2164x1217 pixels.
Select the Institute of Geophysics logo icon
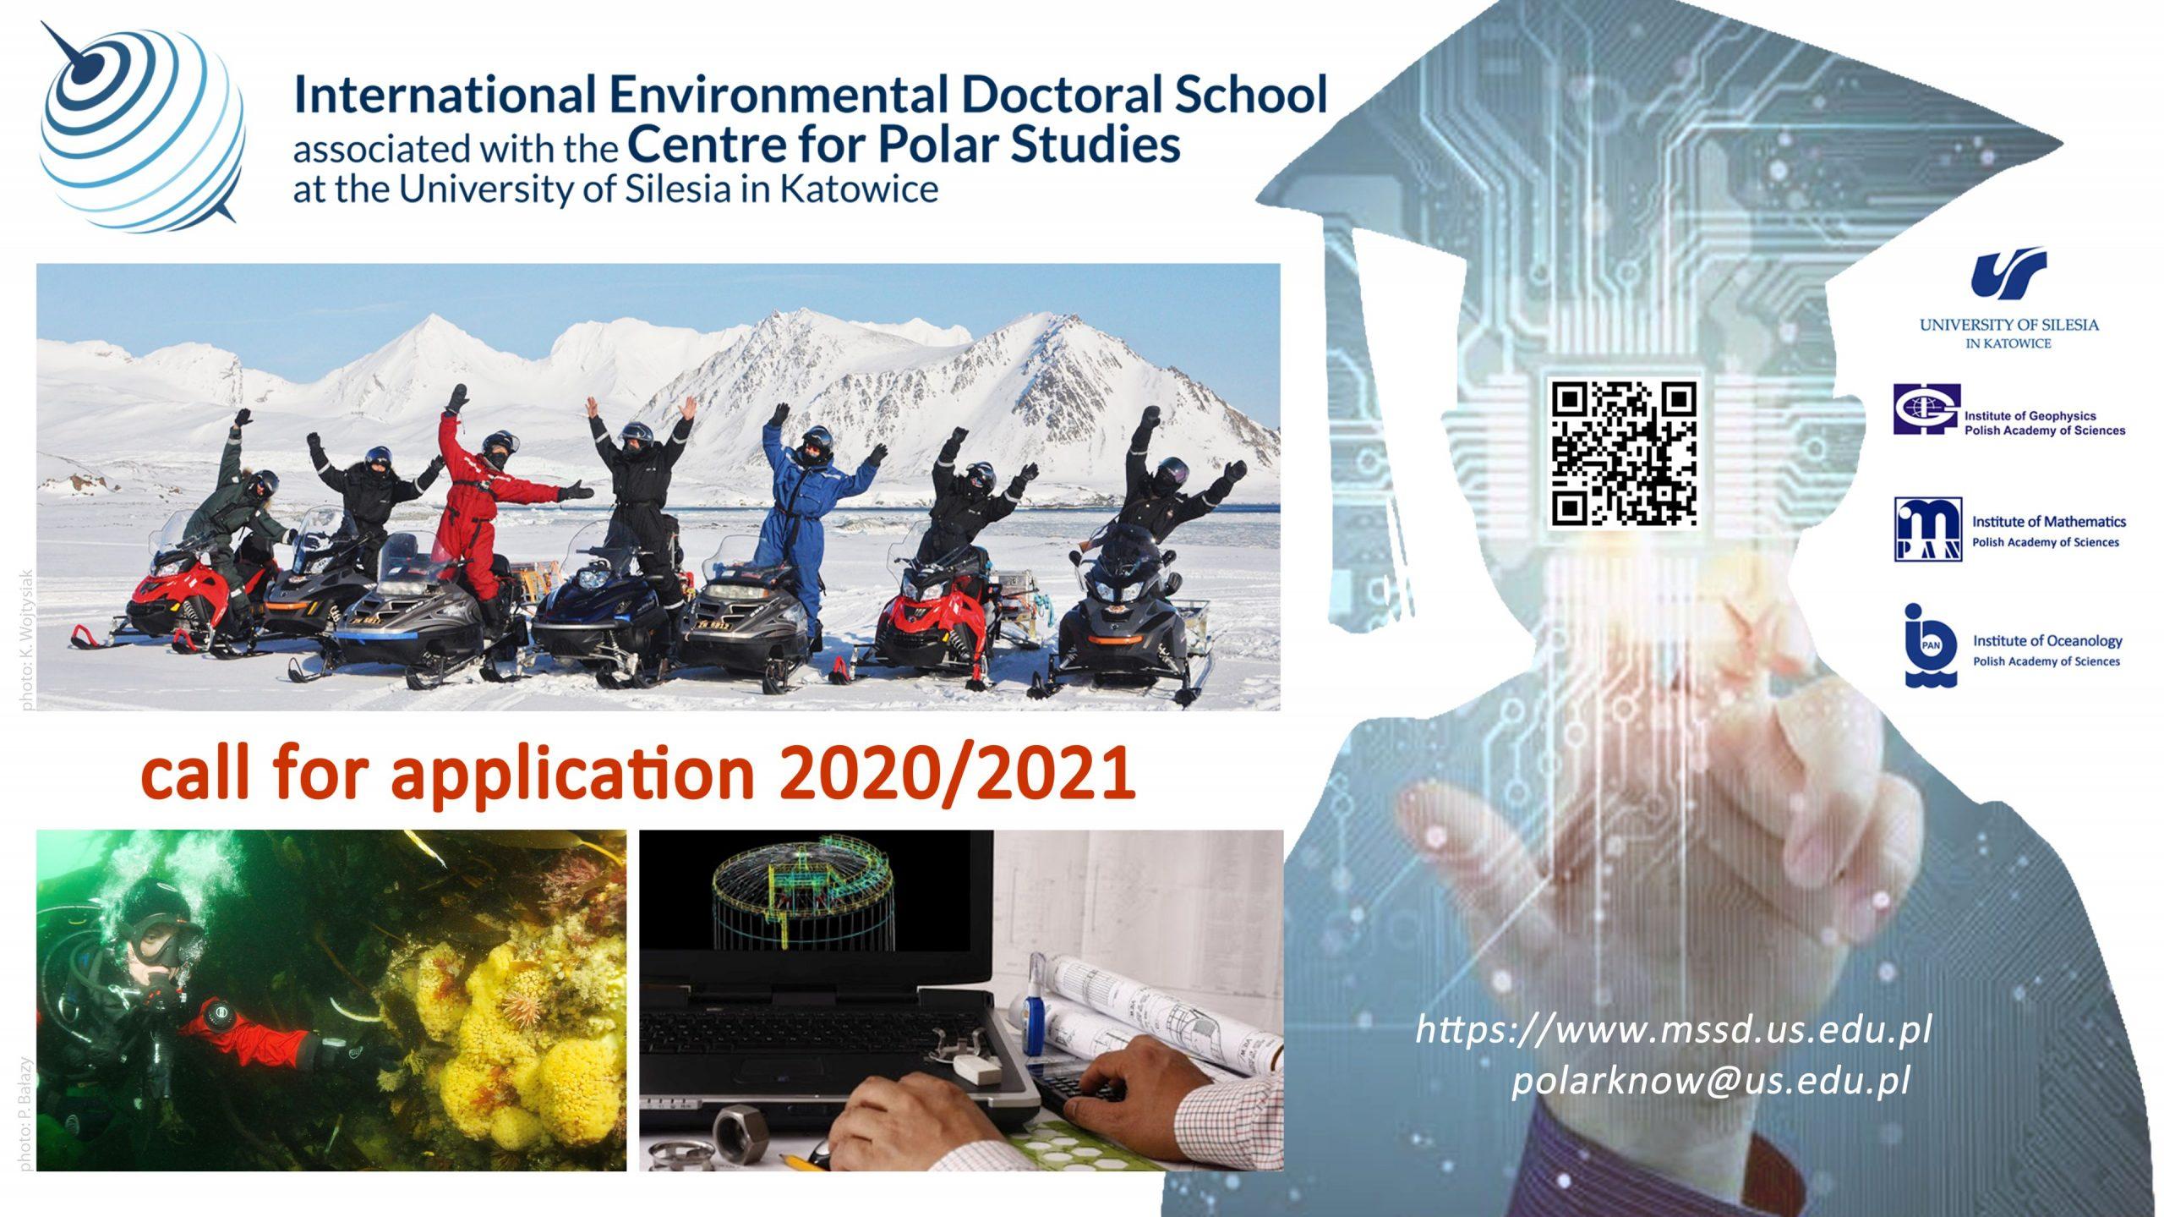click(1926, 409)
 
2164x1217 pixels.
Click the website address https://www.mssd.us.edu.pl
click(1673, 1031)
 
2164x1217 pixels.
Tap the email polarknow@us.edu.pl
click(1711, 1082)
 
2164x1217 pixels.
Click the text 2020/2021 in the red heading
click(956, 773)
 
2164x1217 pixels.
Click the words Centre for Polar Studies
click(904, 144)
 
